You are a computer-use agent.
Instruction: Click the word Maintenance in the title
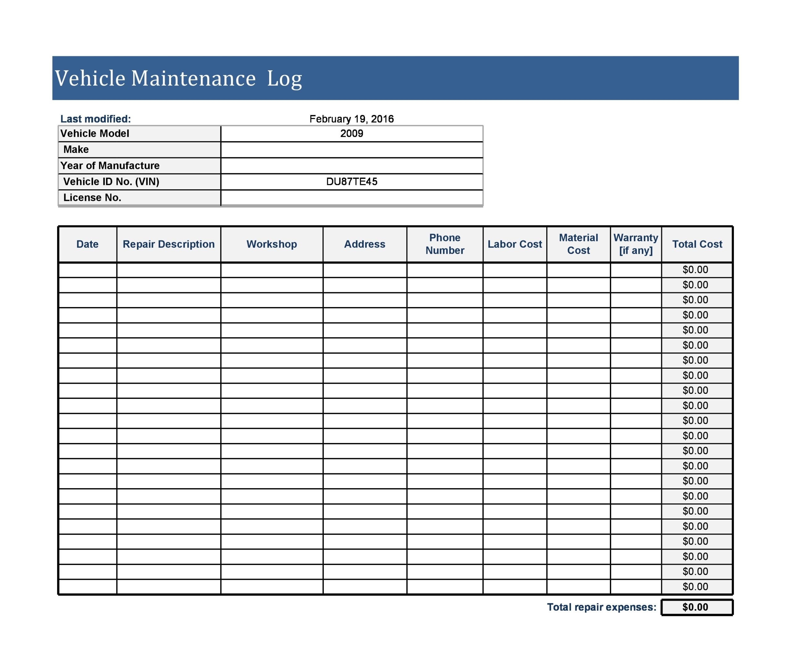tap(193, 78)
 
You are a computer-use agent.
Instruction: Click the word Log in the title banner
tap(284, 79)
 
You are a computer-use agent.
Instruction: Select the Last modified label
tap(95, 119)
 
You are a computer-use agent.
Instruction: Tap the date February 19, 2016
tap(351, 119)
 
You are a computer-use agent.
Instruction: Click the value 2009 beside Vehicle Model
tap(351, 133)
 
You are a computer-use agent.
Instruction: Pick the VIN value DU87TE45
tap(351, 181)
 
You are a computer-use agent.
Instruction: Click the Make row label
tap(76, 149)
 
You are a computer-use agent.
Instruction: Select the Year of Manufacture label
tap(110, 166)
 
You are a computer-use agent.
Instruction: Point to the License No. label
tap(92, 197)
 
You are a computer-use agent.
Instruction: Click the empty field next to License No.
tap(351, 197)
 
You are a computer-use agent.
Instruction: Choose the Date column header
tap(87, 244)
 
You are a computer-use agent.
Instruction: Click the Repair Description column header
tap(168, 244)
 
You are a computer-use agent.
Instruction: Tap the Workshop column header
tap(271, 244)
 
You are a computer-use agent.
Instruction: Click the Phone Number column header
tap(444, 244)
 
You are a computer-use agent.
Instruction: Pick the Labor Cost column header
tap(514, 244)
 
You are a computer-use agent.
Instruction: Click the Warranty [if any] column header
tap(635, 244)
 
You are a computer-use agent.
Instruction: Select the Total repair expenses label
tap(601, 607)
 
